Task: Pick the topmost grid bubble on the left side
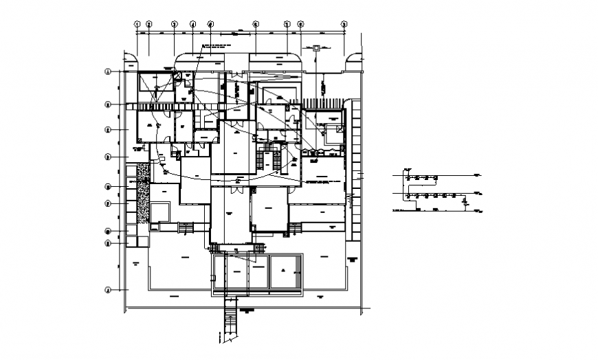[x=107, y=71]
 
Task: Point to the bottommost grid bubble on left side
[x=107, y=290]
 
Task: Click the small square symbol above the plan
[x=315, y=48]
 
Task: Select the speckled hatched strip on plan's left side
[x=143, y=192]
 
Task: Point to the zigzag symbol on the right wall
[x=349, y=200]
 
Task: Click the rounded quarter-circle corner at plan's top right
[x=354, y=60]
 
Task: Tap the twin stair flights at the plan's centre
[x=269, y=160]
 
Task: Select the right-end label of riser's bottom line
[x=476, y=210]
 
